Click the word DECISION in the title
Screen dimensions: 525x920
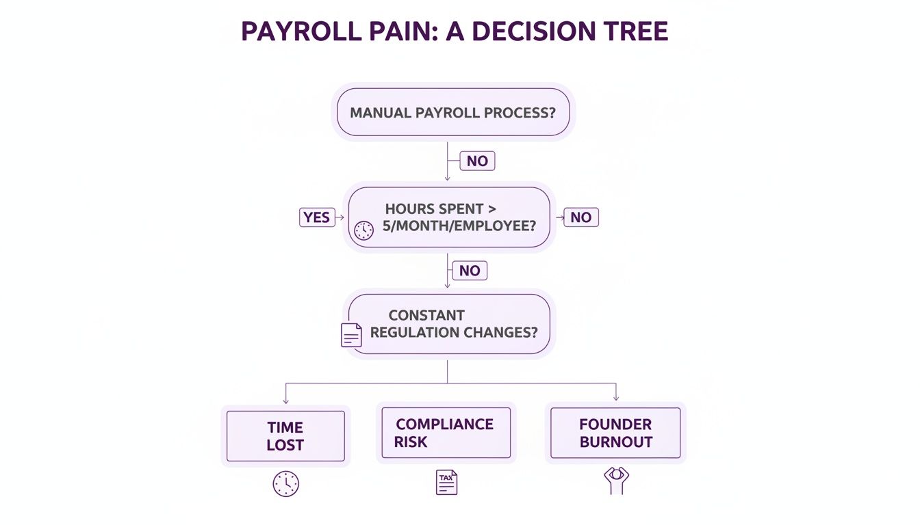[514, 32]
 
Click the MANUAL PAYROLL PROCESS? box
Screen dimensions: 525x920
[452, 112]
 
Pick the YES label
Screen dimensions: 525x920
[317, 217]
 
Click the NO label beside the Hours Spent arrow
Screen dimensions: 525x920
[580, 217]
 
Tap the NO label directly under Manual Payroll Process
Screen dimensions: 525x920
[477, 161]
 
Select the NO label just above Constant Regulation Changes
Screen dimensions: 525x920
[470, 271]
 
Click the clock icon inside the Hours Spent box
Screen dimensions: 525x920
[364, 230]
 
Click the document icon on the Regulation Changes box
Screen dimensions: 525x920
[351, 335]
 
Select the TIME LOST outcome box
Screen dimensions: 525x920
[285, 436]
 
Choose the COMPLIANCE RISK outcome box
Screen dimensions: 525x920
[446, 433]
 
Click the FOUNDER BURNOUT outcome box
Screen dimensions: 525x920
[615, 433]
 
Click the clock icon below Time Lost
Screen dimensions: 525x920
[285, 484]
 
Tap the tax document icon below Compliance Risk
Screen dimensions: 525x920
[446, 483]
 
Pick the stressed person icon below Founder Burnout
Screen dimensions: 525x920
[616, 480]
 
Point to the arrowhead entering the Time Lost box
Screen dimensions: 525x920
[285, 401]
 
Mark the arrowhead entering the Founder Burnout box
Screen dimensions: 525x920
[616, 399]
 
